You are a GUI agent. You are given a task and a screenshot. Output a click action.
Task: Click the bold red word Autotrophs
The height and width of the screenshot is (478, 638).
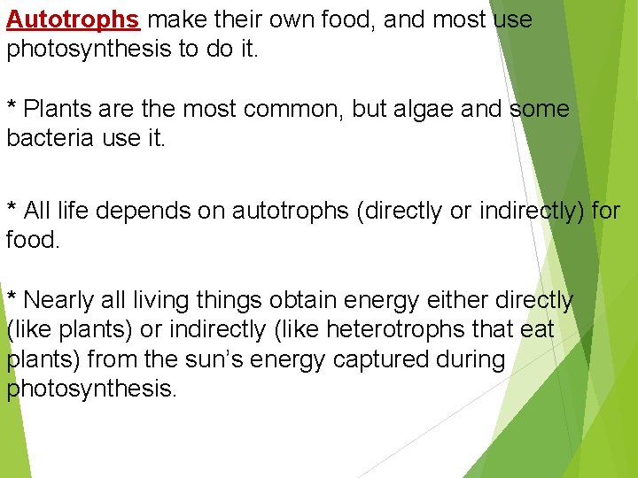click(x=73, y=19)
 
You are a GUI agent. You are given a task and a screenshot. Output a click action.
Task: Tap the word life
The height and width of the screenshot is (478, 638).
click(x=72, y=211)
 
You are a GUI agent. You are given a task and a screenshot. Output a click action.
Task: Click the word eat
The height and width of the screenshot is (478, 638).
click(x=535, y=330)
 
